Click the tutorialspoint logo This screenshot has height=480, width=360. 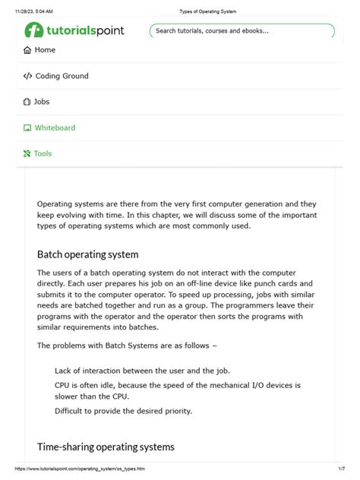coord(74,30)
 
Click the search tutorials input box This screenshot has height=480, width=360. coord(242,31)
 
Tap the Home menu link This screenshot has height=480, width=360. coord(45,50)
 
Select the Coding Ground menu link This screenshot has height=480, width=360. coord(62,76)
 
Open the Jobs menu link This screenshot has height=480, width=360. coord(42,102)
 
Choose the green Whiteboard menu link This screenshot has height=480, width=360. coord(55,128)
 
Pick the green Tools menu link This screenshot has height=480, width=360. coord(43,153)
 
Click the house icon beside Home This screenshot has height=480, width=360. coord(27,50)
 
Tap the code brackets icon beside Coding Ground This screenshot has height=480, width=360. coord(27,76)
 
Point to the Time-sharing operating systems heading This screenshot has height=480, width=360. coord(106,447)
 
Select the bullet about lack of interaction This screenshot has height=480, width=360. coord(141,371)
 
